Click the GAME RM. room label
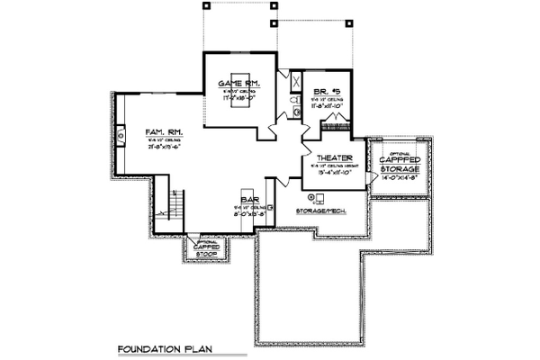238,85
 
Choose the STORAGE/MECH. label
319,211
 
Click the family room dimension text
164,149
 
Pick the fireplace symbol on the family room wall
119,137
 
